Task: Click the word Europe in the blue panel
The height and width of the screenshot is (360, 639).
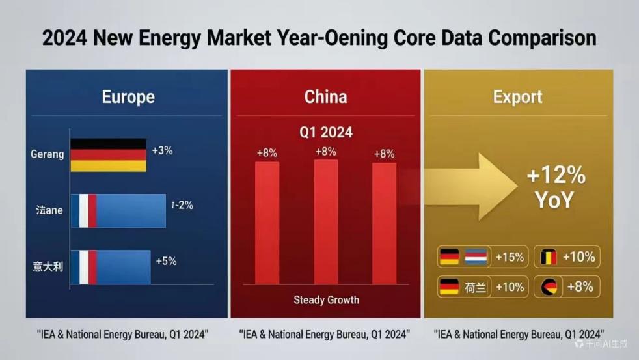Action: (x=128, y=97)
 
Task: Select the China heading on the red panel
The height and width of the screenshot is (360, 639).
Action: (x=325, y=97)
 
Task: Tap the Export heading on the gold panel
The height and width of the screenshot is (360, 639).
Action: (x=517, y=97)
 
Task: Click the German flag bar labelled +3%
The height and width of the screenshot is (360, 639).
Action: (x=108, y=154)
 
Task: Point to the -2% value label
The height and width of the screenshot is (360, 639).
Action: (x=182, y=205)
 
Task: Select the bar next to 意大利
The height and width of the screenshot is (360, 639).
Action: (x=110, y=266)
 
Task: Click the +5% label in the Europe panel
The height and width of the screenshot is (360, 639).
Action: (x=166, y=261)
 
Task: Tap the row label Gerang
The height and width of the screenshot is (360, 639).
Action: (x=48, y=154)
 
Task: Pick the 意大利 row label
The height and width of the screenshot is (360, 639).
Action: (x=48, y=266)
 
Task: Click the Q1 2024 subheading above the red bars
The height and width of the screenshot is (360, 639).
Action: (x=326, y=132)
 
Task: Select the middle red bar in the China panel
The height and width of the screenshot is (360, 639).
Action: (x=326, y=221)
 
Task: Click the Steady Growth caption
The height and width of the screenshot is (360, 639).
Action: (x=326, y=300)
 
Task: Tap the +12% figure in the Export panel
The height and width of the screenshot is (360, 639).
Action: (x=556, y=176)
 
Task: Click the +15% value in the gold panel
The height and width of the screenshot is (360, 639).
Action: (x=510, y=256)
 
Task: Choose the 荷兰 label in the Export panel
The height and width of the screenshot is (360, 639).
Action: (x=476, y=287)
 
